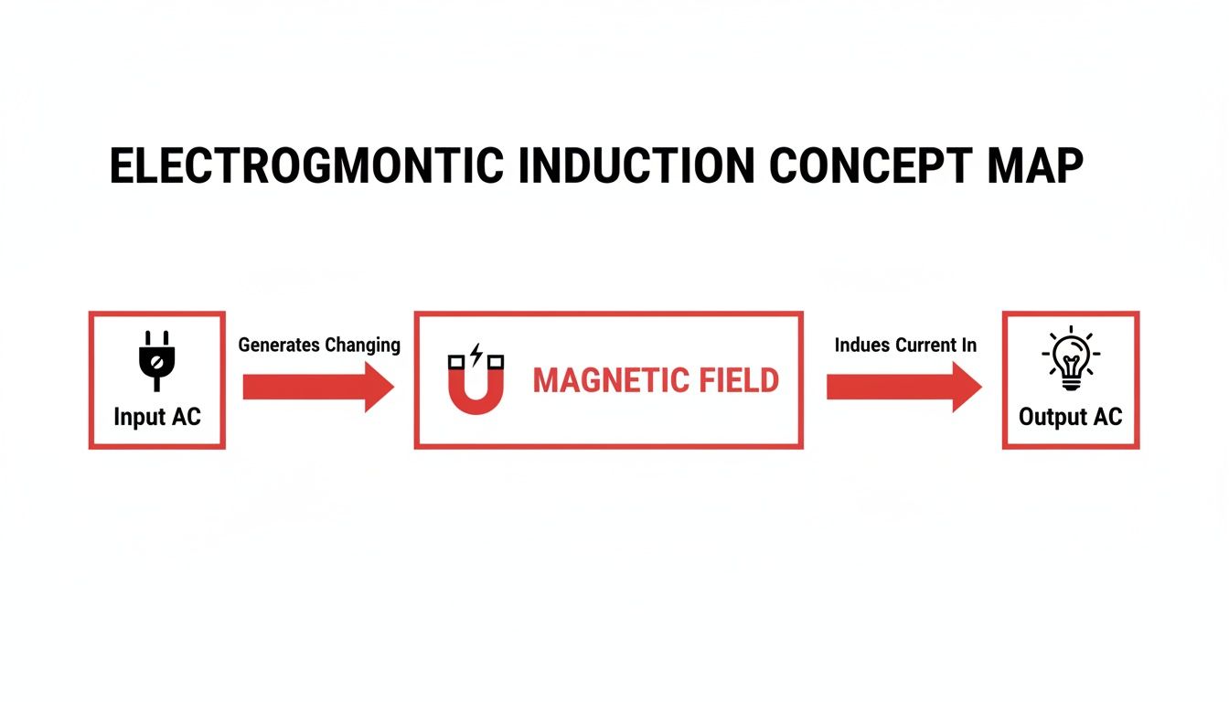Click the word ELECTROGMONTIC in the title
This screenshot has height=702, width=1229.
[x=306, y=166]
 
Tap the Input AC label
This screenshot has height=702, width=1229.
[x=156, y=418]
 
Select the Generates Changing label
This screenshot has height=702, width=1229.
[x=319, y=346]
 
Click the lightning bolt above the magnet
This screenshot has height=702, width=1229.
[x=476, y=352]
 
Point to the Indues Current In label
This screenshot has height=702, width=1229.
[x=905, y=346]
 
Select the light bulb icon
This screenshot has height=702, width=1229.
[x=1071, y=359]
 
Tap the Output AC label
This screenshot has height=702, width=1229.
[x=1071, y=418]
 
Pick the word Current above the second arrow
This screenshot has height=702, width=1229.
[x=925, y=346]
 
